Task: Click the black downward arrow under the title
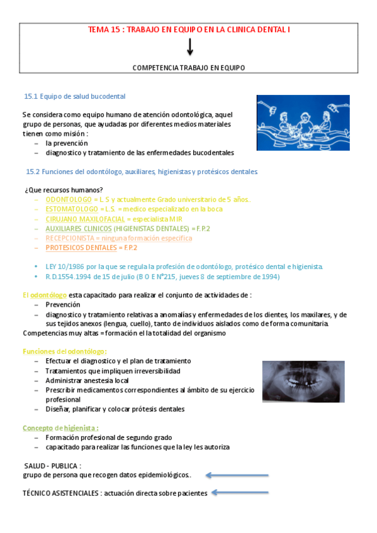tap(189, 47)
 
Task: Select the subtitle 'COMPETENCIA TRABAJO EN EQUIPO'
tap(189, 67)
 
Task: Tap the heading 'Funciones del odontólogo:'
tap(65, 351)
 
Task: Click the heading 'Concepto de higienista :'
tap(61, 427)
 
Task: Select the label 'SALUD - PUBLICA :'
tap(52, 466)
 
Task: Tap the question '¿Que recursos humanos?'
tap(64, 190)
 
